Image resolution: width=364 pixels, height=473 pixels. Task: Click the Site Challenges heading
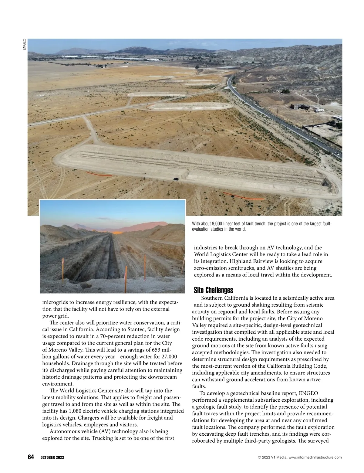[213, 290]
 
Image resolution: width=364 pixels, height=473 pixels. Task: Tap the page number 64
[31, 457]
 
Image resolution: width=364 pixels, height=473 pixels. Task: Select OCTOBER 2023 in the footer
[52, 458]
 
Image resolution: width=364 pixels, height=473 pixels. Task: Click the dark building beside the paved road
[300, 107]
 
